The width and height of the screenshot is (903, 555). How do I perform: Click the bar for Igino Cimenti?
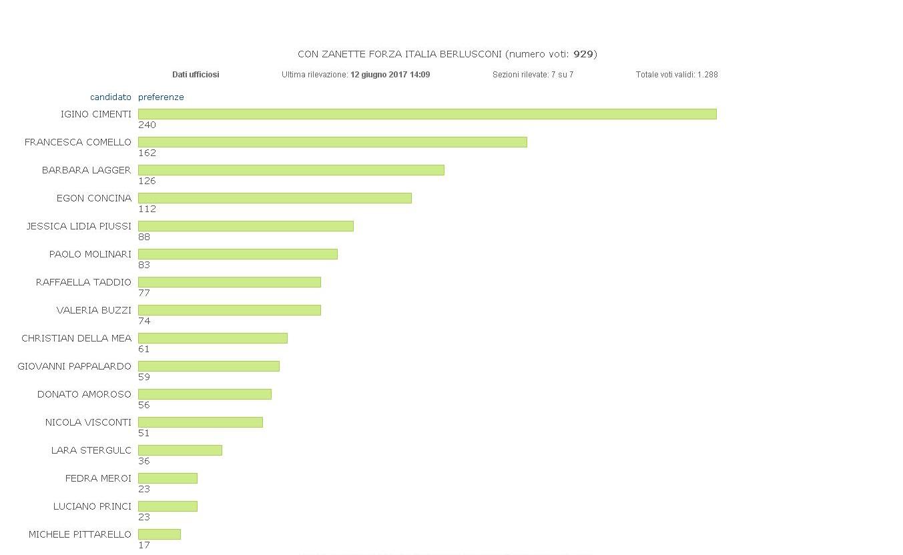coord(427,114)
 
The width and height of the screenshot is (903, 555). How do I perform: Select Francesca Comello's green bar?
coord(332,142)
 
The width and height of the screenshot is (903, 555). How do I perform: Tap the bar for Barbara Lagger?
coord(291,170)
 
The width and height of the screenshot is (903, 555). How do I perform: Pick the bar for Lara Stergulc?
coord(180,450)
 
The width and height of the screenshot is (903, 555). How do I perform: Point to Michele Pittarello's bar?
coord(159,534)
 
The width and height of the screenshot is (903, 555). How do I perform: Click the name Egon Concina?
coord(94,198)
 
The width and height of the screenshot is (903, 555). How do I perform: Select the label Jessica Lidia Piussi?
coord(79,226)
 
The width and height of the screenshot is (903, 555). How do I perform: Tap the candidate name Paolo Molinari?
coord(90,254)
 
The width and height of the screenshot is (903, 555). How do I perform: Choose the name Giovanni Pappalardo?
coord(74,366)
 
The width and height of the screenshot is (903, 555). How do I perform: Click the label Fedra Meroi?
coord(98,478)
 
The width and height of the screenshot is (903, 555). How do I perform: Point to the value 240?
coord(147,125)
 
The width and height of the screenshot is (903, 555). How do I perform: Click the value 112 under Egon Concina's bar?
coord(147,209)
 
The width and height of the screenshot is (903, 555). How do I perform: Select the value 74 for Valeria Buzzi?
coord(144,322)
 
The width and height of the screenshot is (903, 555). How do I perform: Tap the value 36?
coord(144,462)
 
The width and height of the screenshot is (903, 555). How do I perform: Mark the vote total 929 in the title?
coord(583,54)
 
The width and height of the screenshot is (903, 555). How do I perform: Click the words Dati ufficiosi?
coord(196,75)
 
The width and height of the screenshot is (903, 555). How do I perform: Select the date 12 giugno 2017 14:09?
coord(390,75)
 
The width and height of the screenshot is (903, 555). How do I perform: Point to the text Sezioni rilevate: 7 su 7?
coord(533,75)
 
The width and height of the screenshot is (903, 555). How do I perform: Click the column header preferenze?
coord(161,97)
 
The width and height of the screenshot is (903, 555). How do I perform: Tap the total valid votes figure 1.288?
coord(707,75)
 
